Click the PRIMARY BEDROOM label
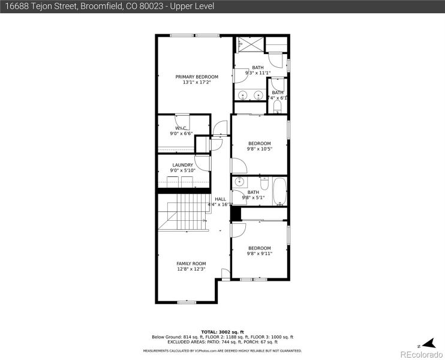[197, 77]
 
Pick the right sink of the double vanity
[258, 94]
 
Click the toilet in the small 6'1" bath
[277, 107]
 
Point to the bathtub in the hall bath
[279, 191]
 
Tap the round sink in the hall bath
[239, 182]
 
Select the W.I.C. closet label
[182, 128]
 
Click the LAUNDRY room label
[182, 165]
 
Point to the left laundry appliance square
[172, 182]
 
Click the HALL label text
[221, 199]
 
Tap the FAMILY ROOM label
[191, 263]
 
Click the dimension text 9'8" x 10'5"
[260, 149]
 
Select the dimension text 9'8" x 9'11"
[260, 253]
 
